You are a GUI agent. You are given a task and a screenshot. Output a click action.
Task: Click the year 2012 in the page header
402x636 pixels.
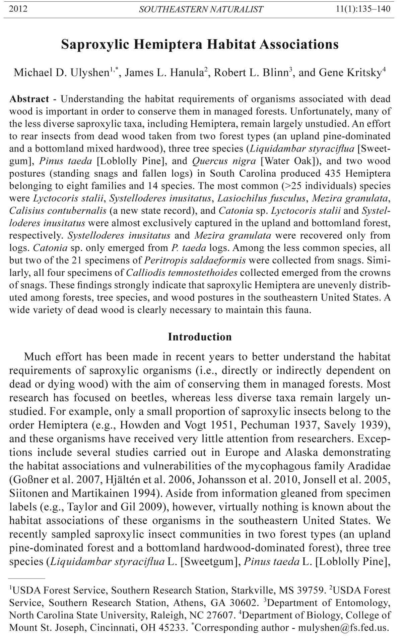pos(18,9)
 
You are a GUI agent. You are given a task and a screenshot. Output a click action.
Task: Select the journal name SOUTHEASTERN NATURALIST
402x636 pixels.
pos(201,9)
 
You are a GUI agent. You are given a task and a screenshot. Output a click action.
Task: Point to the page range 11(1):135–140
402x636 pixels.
pos(363,9)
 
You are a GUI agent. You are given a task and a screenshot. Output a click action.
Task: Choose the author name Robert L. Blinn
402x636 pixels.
pos(251,72)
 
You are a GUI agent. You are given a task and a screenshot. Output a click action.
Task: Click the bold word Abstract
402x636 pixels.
pos(29,99)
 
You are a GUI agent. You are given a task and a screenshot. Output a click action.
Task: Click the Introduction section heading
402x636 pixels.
pos(200,337)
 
